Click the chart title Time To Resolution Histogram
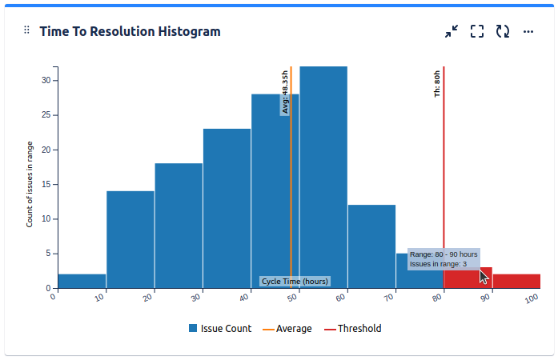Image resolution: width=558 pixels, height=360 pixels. (x=130, y=31)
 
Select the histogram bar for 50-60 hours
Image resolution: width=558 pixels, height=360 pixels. (x=323, y=176)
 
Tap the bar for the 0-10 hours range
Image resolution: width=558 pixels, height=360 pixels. (x=82, y=281)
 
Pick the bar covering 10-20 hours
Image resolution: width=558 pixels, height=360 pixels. (x=130, y=239)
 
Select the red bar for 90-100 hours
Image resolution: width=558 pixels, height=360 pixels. (x=516, y=281)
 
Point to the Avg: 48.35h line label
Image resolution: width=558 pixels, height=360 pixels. (x=284, y=93)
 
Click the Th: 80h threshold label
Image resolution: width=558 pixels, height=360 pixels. (x=437, y=83)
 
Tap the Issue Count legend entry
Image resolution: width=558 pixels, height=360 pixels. (x=220, y=329)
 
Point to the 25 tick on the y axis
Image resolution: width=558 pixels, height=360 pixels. (x=46, y=115)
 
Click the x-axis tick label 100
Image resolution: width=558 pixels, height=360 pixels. (x=532, y=298)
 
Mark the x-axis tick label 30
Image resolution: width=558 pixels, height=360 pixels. (x=196, y=298)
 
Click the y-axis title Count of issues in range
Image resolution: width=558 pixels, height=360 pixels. (x=30, y=183)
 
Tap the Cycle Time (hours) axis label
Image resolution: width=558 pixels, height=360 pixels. (x=295, y=282)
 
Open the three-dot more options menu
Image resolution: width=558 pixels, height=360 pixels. (x=528, y=31)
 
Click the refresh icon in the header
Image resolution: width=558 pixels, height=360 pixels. (x=503, y=31)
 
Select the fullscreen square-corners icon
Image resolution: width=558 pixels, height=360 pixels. (x=477, y=31)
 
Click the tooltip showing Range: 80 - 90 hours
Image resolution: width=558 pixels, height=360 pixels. (x=444, y=258)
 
